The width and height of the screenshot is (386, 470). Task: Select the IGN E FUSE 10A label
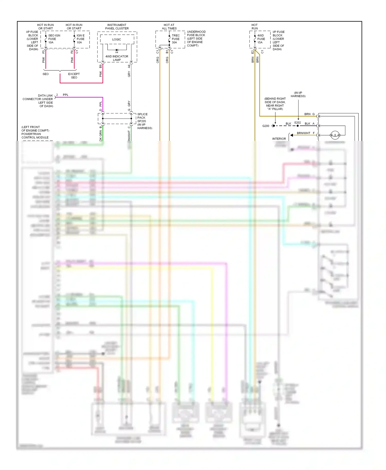pyautogui.click(x=81, y=39)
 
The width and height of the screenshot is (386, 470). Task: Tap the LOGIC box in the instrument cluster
pyautogui.click(x=117, y=40)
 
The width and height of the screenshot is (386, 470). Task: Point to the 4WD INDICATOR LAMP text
pyautogui.click(x=117, y=58)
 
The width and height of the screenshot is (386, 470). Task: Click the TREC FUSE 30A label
pyautogui.click(x=176, y=39)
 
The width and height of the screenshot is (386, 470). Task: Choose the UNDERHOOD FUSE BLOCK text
pyautogui.click(x=196, y=39)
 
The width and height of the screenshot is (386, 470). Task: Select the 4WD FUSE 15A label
pyautogui.click(x=261, y=39)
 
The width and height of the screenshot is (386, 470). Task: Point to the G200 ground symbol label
pyautogui.click(x=266, y=126)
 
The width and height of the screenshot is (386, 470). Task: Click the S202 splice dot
pyautogui.click(x=298, y=126)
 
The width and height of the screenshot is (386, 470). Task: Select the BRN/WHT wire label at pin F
pyautogui.click(x=303, y=133)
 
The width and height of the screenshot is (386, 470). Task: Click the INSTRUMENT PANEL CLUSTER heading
pyautogui.click(x=117, y=27)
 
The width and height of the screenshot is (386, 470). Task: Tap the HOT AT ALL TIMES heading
pyautogui.click(x=169, y=27)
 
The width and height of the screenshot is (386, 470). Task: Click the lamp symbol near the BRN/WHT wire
pyautogui.click(x=335, y=135)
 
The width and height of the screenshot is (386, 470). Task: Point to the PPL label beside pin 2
pyautogui.click(x=66, y=95)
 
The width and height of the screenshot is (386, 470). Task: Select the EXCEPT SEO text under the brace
pyautogui.click(x=74, y=76)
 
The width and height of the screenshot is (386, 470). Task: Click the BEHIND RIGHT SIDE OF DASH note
pyautogui.click(x=275, y=104)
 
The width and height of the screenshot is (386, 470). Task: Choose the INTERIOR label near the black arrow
pyautogui.click(x=279, y=139)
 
